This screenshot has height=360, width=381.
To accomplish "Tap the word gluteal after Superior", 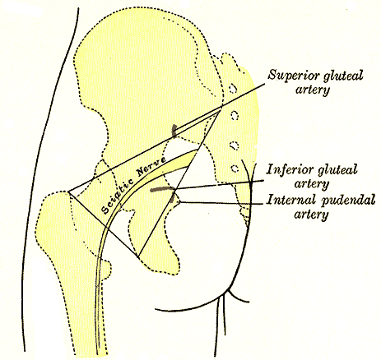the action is tap(343, 76).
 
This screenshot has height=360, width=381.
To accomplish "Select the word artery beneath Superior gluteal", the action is tap(312, 90).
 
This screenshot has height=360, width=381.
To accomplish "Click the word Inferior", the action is tap(290, 169).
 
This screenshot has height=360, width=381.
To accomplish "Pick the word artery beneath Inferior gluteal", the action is tap(311, 184).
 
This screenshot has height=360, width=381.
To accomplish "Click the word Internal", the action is tap(290, 200).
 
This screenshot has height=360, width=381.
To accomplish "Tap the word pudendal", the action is tap(348, 201).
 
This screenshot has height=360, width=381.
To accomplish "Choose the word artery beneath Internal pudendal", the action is tap(311, 215).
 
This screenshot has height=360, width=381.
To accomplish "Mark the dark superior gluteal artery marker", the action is tap(174, 130).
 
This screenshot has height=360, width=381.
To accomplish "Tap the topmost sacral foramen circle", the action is tap(233, 88).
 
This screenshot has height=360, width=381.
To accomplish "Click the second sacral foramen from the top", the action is tap(235, 115).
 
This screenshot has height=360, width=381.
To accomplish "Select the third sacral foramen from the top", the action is tap(234, 145).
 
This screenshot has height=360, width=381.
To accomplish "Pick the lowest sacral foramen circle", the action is tap(235, 168).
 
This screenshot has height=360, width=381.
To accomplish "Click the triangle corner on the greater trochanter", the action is tap(68, 192).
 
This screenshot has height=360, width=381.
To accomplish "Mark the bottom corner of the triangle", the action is tap(138, 257).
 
